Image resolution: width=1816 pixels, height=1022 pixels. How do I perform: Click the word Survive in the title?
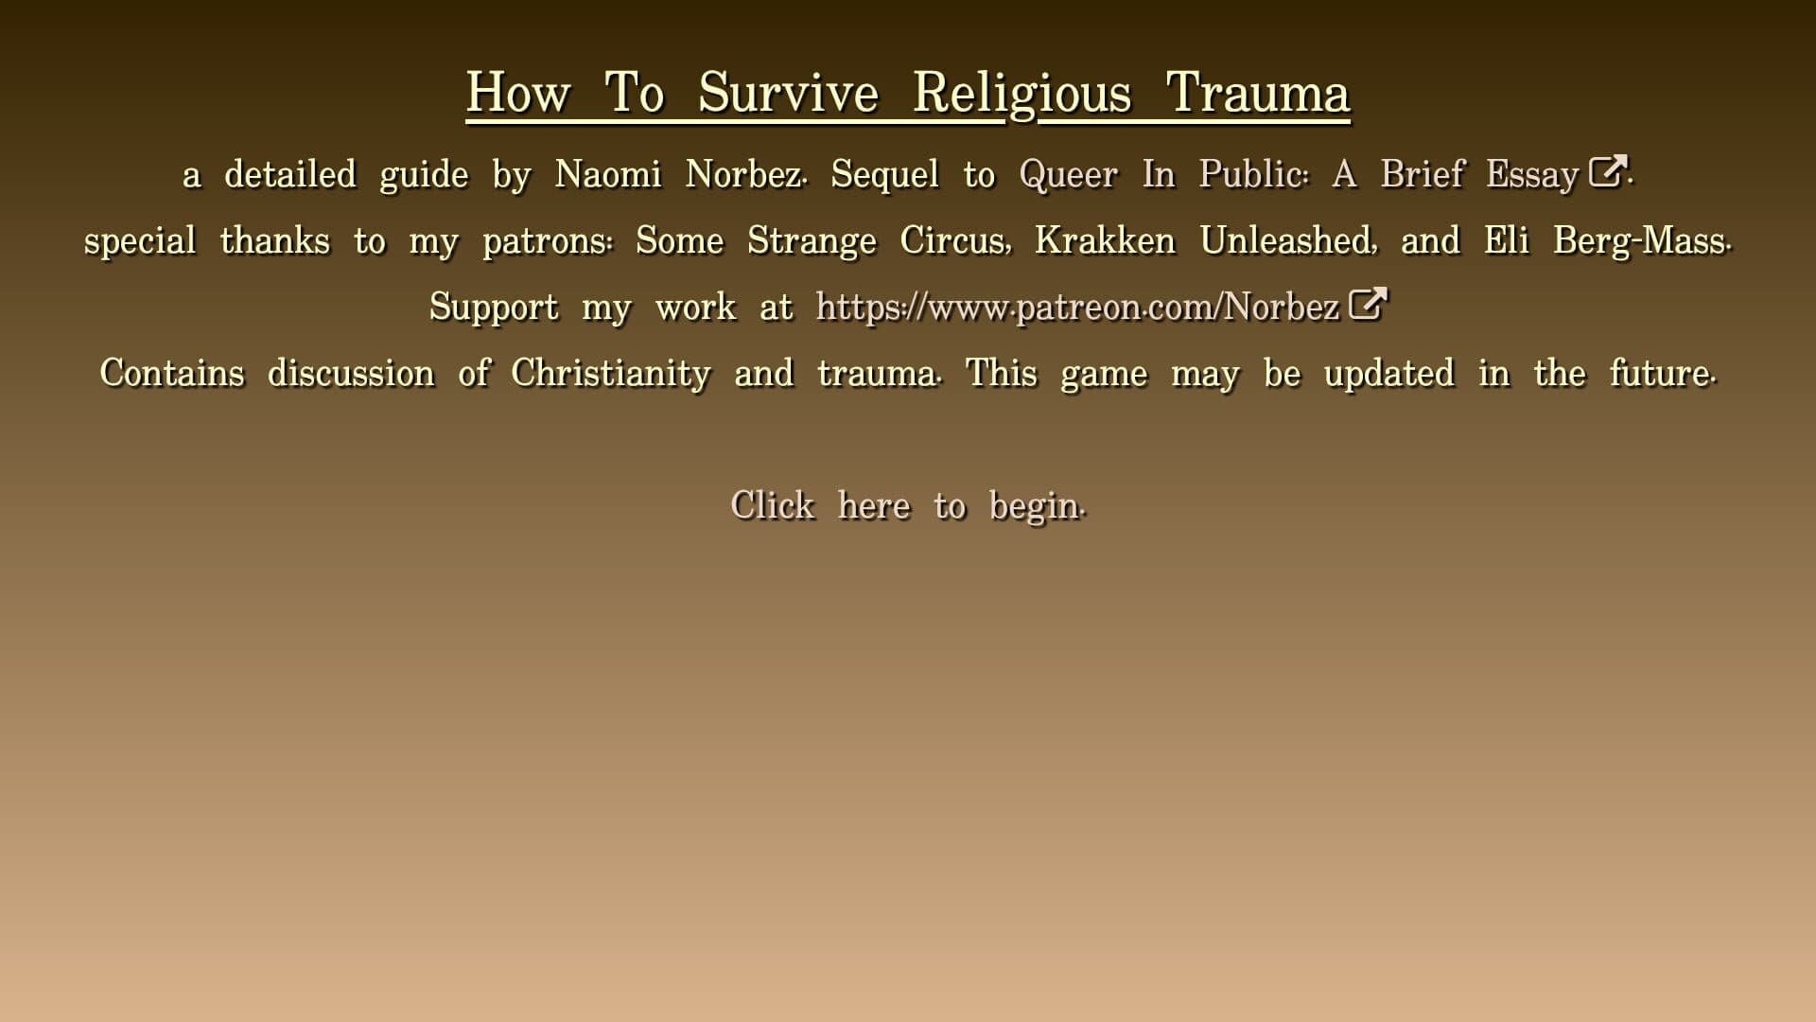(789, 93)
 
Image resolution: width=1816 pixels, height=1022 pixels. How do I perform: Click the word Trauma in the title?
(1257, 93)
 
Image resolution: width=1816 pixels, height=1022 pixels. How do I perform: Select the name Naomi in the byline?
(608, 174)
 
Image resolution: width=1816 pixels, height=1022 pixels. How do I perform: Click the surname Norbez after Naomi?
(744, 174)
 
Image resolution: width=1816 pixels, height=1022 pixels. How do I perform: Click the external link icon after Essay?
(1607, 171)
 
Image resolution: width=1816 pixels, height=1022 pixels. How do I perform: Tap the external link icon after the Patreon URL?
(1367, 304)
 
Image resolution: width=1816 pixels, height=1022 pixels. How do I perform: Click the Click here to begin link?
(908, 505)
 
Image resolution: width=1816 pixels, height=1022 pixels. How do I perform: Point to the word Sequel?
(885, 175)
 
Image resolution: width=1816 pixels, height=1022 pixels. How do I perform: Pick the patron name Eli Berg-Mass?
(1607, 241)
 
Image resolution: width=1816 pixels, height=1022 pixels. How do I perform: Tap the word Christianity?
(611, 374)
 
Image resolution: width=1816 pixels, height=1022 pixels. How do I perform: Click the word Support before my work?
(494, 308)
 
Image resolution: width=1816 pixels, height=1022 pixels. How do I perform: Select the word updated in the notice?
(1388, 374)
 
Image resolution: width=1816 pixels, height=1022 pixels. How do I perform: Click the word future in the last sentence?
(1662, 373)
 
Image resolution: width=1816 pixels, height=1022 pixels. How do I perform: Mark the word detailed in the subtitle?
(290, 174)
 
